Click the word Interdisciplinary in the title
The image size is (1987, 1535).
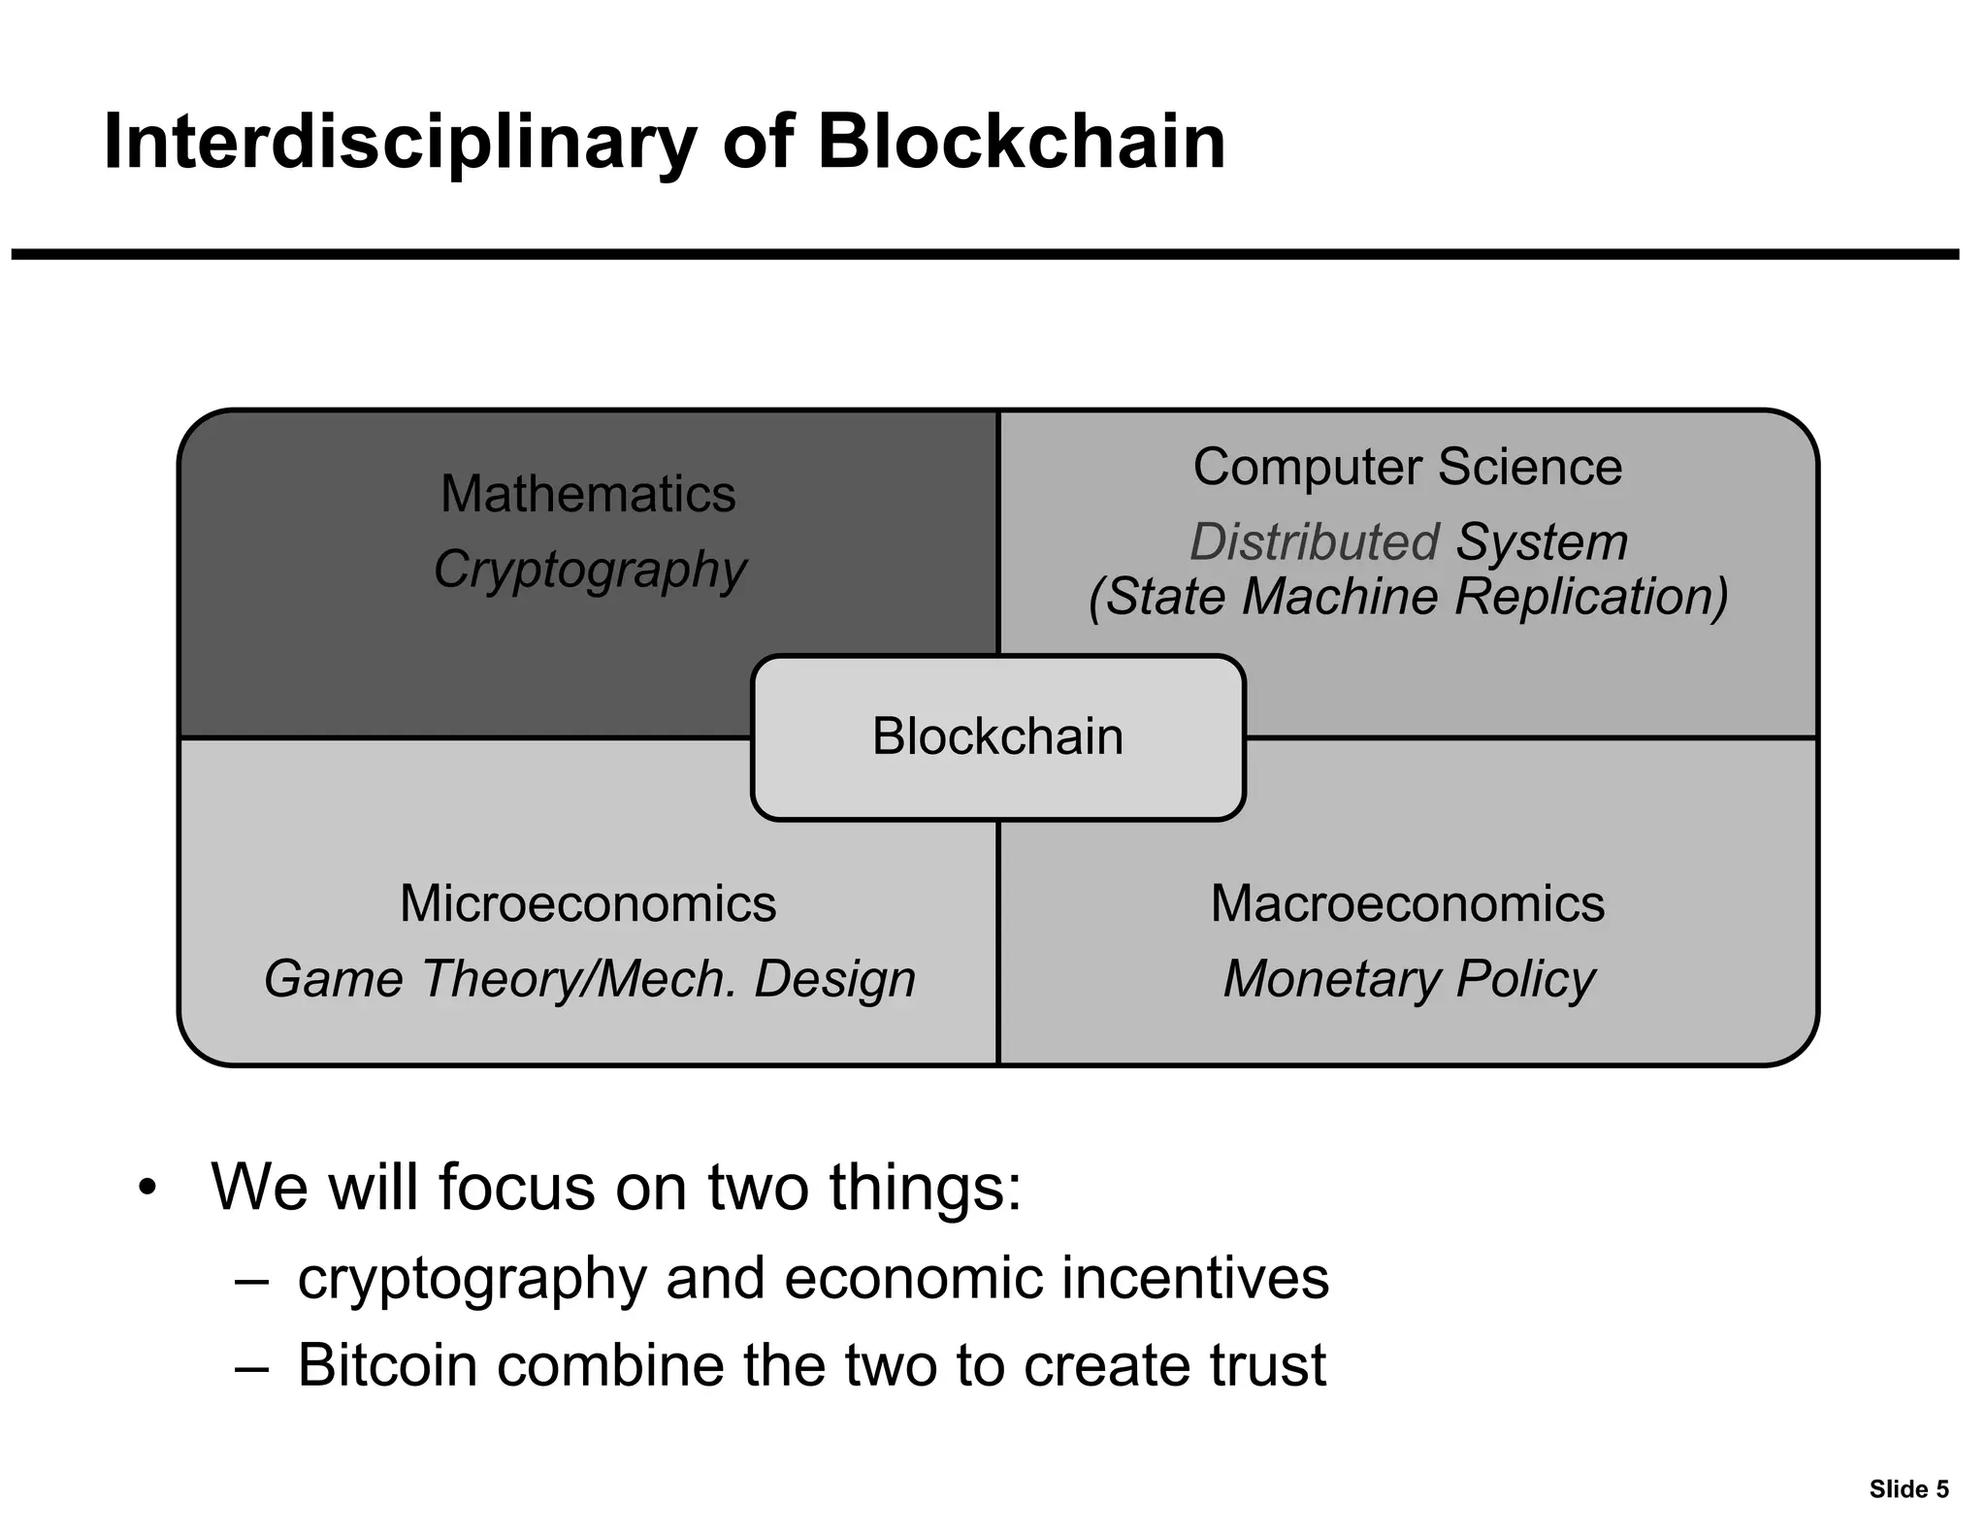399,143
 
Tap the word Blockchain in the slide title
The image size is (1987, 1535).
1021,143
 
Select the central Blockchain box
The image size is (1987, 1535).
997,736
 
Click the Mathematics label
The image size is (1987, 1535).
588,494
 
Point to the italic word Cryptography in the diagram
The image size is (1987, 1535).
590,570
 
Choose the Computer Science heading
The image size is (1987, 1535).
1407,467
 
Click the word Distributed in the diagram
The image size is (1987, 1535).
1314,541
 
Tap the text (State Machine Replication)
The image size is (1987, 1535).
1408,597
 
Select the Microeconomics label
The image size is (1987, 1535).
588,904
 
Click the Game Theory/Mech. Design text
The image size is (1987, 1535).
590,978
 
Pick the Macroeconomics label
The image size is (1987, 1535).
1407,904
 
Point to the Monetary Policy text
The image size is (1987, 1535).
1409,978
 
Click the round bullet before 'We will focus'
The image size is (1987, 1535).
147,1189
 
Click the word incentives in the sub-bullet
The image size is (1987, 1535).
1194,1278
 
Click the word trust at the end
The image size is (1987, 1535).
1267,1365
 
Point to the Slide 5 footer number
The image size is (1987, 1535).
1908,1489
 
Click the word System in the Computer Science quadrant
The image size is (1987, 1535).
1542,541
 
